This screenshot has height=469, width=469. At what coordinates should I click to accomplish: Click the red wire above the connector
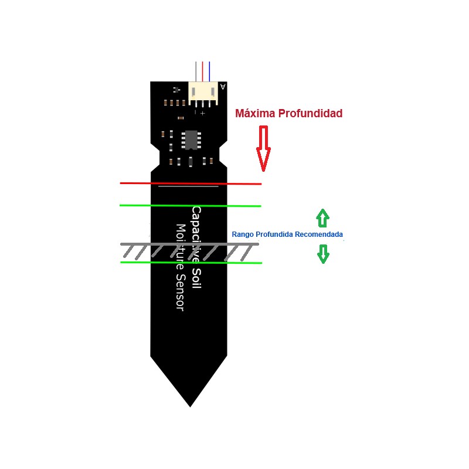tap(203, 72)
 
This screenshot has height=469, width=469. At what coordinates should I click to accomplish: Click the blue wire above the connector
tap(209, 72)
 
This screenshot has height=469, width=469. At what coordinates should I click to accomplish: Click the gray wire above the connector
tap(196, 72)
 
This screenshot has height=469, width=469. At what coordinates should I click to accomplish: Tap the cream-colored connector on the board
tap(203, 93)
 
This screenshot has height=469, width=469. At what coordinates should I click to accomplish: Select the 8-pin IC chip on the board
tap(191, 140)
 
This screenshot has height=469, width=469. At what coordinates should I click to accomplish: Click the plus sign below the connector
tap(203, 113)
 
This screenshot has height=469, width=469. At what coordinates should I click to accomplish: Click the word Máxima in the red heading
tap(254, 113)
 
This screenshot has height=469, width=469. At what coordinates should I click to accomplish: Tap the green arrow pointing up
tap(322, 217)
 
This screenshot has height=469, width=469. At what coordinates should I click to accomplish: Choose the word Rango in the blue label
tap(243, 235)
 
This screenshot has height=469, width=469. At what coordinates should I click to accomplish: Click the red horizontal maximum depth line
tap(135, 183)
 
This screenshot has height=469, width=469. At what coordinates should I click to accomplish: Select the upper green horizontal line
tap(135, 206)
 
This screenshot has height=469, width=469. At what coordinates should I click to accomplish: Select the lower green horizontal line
tap(135, 262)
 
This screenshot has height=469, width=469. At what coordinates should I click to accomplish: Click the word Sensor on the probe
tap(180, 292)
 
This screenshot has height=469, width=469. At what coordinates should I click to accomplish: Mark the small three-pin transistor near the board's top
tap(175, 90)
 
